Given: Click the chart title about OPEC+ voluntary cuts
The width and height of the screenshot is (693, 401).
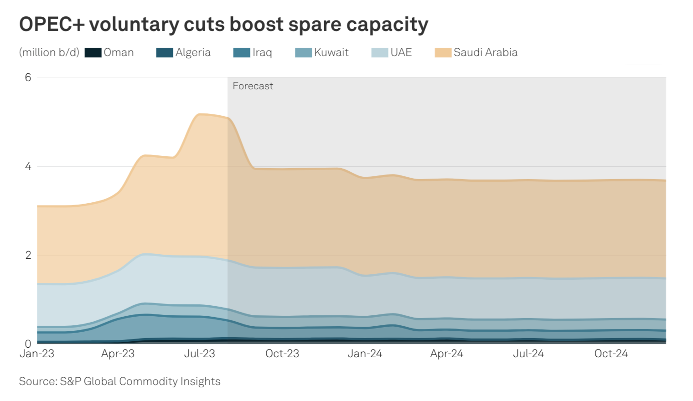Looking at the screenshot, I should [223, 25].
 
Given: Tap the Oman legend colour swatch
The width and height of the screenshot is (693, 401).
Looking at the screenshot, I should [93, 53].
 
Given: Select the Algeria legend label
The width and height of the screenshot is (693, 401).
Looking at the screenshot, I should [193, 53].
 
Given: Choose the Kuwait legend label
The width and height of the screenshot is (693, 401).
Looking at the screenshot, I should [331, 53].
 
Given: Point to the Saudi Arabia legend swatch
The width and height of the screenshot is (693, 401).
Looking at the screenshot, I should [443, 53].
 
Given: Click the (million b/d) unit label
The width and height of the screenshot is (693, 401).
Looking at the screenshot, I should [49, 53].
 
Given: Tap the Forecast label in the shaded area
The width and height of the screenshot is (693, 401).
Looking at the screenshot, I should [253, 86].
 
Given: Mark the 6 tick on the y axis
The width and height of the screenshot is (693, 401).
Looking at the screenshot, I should [28, 77].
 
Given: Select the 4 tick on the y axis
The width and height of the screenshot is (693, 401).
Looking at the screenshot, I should [28, 166].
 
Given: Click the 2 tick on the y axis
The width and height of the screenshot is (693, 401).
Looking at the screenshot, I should [28, 255].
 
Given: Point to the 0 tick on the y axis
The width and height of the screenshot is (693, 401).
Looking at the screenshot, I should [28, 344].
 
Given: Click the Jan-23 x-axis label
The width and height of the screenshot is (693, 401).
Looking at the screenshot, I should [37, 354].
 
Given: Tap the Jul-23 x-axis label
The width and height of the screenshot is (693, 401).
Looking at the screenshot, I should [200, 354].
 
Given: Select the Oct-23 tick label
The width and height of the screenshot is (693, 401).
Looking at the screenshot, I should [282, 354].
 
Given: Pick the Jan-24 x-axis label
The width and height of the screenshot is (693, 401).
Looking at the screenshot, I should [365, 354].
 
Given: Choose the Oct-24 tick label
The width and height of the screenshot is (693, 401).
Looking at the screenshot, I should [611, 354].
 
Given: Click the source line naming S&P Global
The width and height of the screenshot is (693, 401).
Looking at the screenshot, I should [119, 381].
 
